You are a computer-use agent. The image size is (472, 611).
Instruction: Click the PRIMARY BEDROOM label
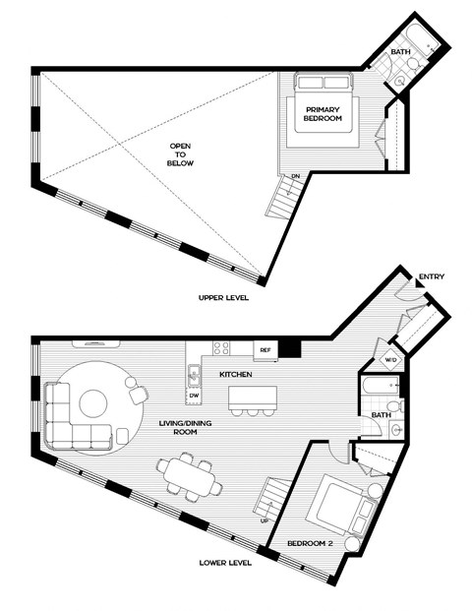323,113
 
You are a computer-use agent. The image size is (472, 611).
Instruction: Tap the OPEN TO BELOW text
180,153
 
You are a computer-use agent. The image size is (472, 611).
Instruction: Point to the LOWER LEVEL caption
227,564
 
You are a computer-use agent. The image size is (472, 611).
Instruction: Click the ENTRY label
432,276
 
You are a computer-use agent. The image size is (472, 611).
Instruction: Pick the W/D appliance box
389,359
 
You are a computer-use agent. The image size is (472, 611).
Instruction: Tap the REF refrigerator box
265,349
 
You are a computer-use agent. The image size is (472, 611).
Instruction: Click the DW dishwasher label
195,396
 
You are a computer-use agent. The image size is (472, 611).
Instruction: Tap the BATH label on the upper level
400,51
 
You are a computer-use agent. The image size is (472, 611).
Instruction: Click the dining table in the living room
187,473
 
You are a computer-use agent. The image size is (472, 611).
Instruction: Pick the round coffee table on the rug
93,402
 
